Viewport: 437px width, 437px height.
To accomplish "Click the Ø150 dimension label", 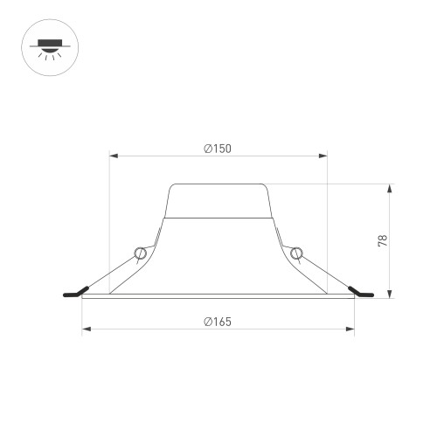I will tap(218, 149).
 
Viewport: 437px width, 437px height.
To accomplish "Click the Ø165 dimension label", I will tap(218, 321).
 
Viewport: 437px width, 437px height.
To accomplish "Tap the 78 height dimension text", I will tap(383, 240).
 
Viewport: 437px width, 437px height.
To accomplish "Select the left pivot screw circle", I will tap(140, 253).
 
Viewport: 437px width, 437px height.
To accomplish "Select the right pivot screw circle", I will tap(296, 253).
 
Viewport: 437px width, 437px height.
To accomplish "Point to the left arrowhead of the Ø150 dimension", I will tap(113, 157).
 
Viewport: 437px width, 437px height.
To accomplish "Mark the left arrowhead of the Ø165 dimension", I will tap(86, 329).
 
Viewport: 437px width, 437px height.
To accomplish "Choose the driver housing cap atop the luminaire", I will tap(218, 200).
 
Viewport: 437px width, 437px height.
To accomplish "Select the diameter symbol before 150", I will tap(208, 149).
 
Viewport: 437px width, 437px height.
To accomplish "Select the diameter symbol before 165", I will tap(208, 321).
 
